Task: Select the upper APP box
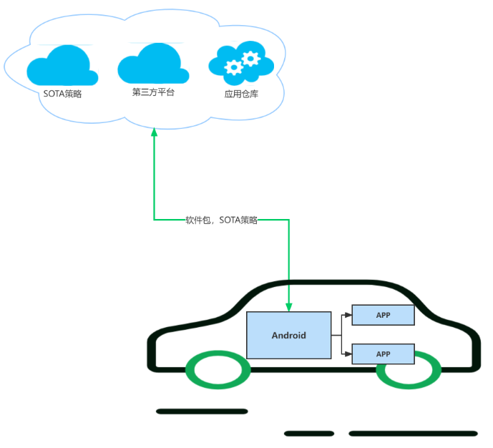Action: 383,315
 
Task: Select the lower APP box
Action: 383,354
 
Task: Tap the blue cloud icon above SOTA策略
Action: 62,67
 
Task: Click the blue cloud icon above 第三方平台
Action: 152,64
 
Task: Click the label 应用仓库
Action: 241,94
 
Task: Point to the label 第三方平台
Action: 153,92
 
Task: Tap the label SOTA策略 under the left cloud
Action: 62,94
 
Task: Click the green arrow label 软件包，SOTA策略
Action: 221,220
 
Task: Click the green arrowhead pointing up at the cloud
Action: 154,134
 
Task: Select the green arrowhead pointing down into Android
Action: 288,307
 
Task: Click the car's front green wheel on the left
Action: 218,369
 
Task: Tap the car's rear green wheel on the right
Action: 409,369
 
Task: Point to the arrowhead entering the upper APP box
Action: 348,315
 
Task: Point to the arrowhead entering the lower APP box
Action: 348,354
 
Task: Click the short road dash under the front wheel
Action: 202,412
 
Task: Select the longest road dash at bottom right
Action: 413,433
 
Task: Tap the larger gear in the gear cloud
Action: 250,58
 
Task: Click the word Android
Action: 288,335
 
